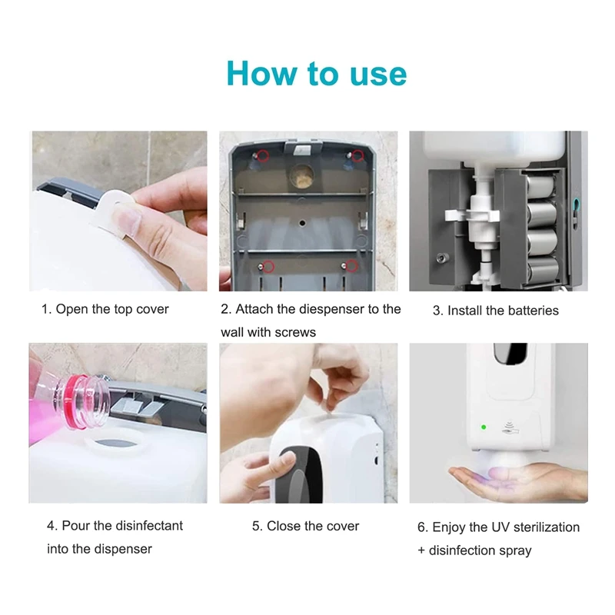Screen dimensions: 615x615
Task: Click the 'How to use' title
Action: point(316,73)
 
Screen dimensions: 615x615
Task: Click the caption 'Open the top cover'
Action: point(105,309)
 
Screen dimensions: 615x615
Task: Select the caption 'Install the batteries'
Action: point(495,311)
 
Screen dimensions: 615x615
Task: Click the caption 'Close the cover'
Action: point(306,526)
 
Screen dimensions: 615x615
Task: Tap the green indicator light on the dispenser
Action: point(483,427)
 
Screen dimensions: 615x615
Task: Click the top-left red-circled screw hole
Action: point(262,156)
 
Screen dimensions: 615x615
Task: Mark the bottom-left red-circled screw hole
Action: point(262,266)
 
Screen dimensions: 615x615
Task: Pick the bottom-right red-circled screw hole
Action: point(353,266)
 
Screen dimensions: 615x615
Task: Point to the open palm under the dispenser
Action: point(492,480)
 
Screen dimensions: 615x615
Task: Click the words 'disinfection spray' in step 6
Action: point(480,550)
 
